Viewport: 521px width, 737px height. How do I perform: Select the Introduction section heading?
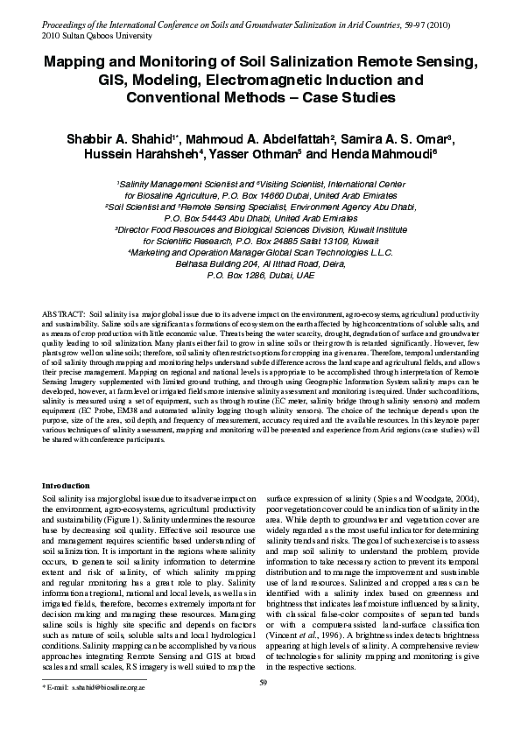[66, 485]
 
